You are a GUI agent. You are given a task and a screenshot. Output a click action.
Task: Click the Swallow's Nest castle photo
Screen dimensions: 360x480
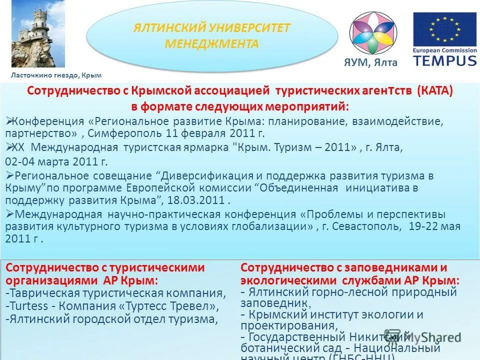point(38,34)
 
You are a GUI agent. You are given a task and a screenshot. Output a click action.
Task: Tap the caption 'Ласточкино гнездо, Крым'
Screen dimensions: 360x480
point(56,75)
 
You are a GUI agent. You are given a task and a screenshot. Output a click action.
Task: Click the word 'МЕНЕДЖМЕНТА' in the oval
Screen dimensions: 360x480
point(211,43)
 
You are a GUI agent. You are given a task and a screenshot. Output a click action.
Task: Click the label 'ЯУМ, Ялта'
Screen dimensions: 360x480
point(370,62)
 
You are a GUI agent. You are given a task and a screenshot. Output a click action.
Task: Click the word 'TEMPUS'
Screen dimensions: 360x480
point(444,60)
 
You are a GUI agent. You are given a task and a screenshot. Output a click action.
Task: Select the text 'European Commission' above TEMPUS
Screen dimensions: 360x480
point(444,50)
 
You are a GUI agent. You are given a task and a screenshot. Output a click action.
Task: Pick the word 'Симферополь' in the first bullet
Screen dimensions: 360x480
point(126,133)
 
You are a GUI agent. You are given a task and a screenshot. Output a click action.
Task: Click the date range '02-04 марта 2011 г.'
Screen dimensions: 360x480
point(56,162)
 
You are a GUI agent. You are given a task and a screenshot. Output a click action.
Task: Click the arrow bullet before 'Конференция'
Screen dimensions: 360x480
point(8,120)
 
